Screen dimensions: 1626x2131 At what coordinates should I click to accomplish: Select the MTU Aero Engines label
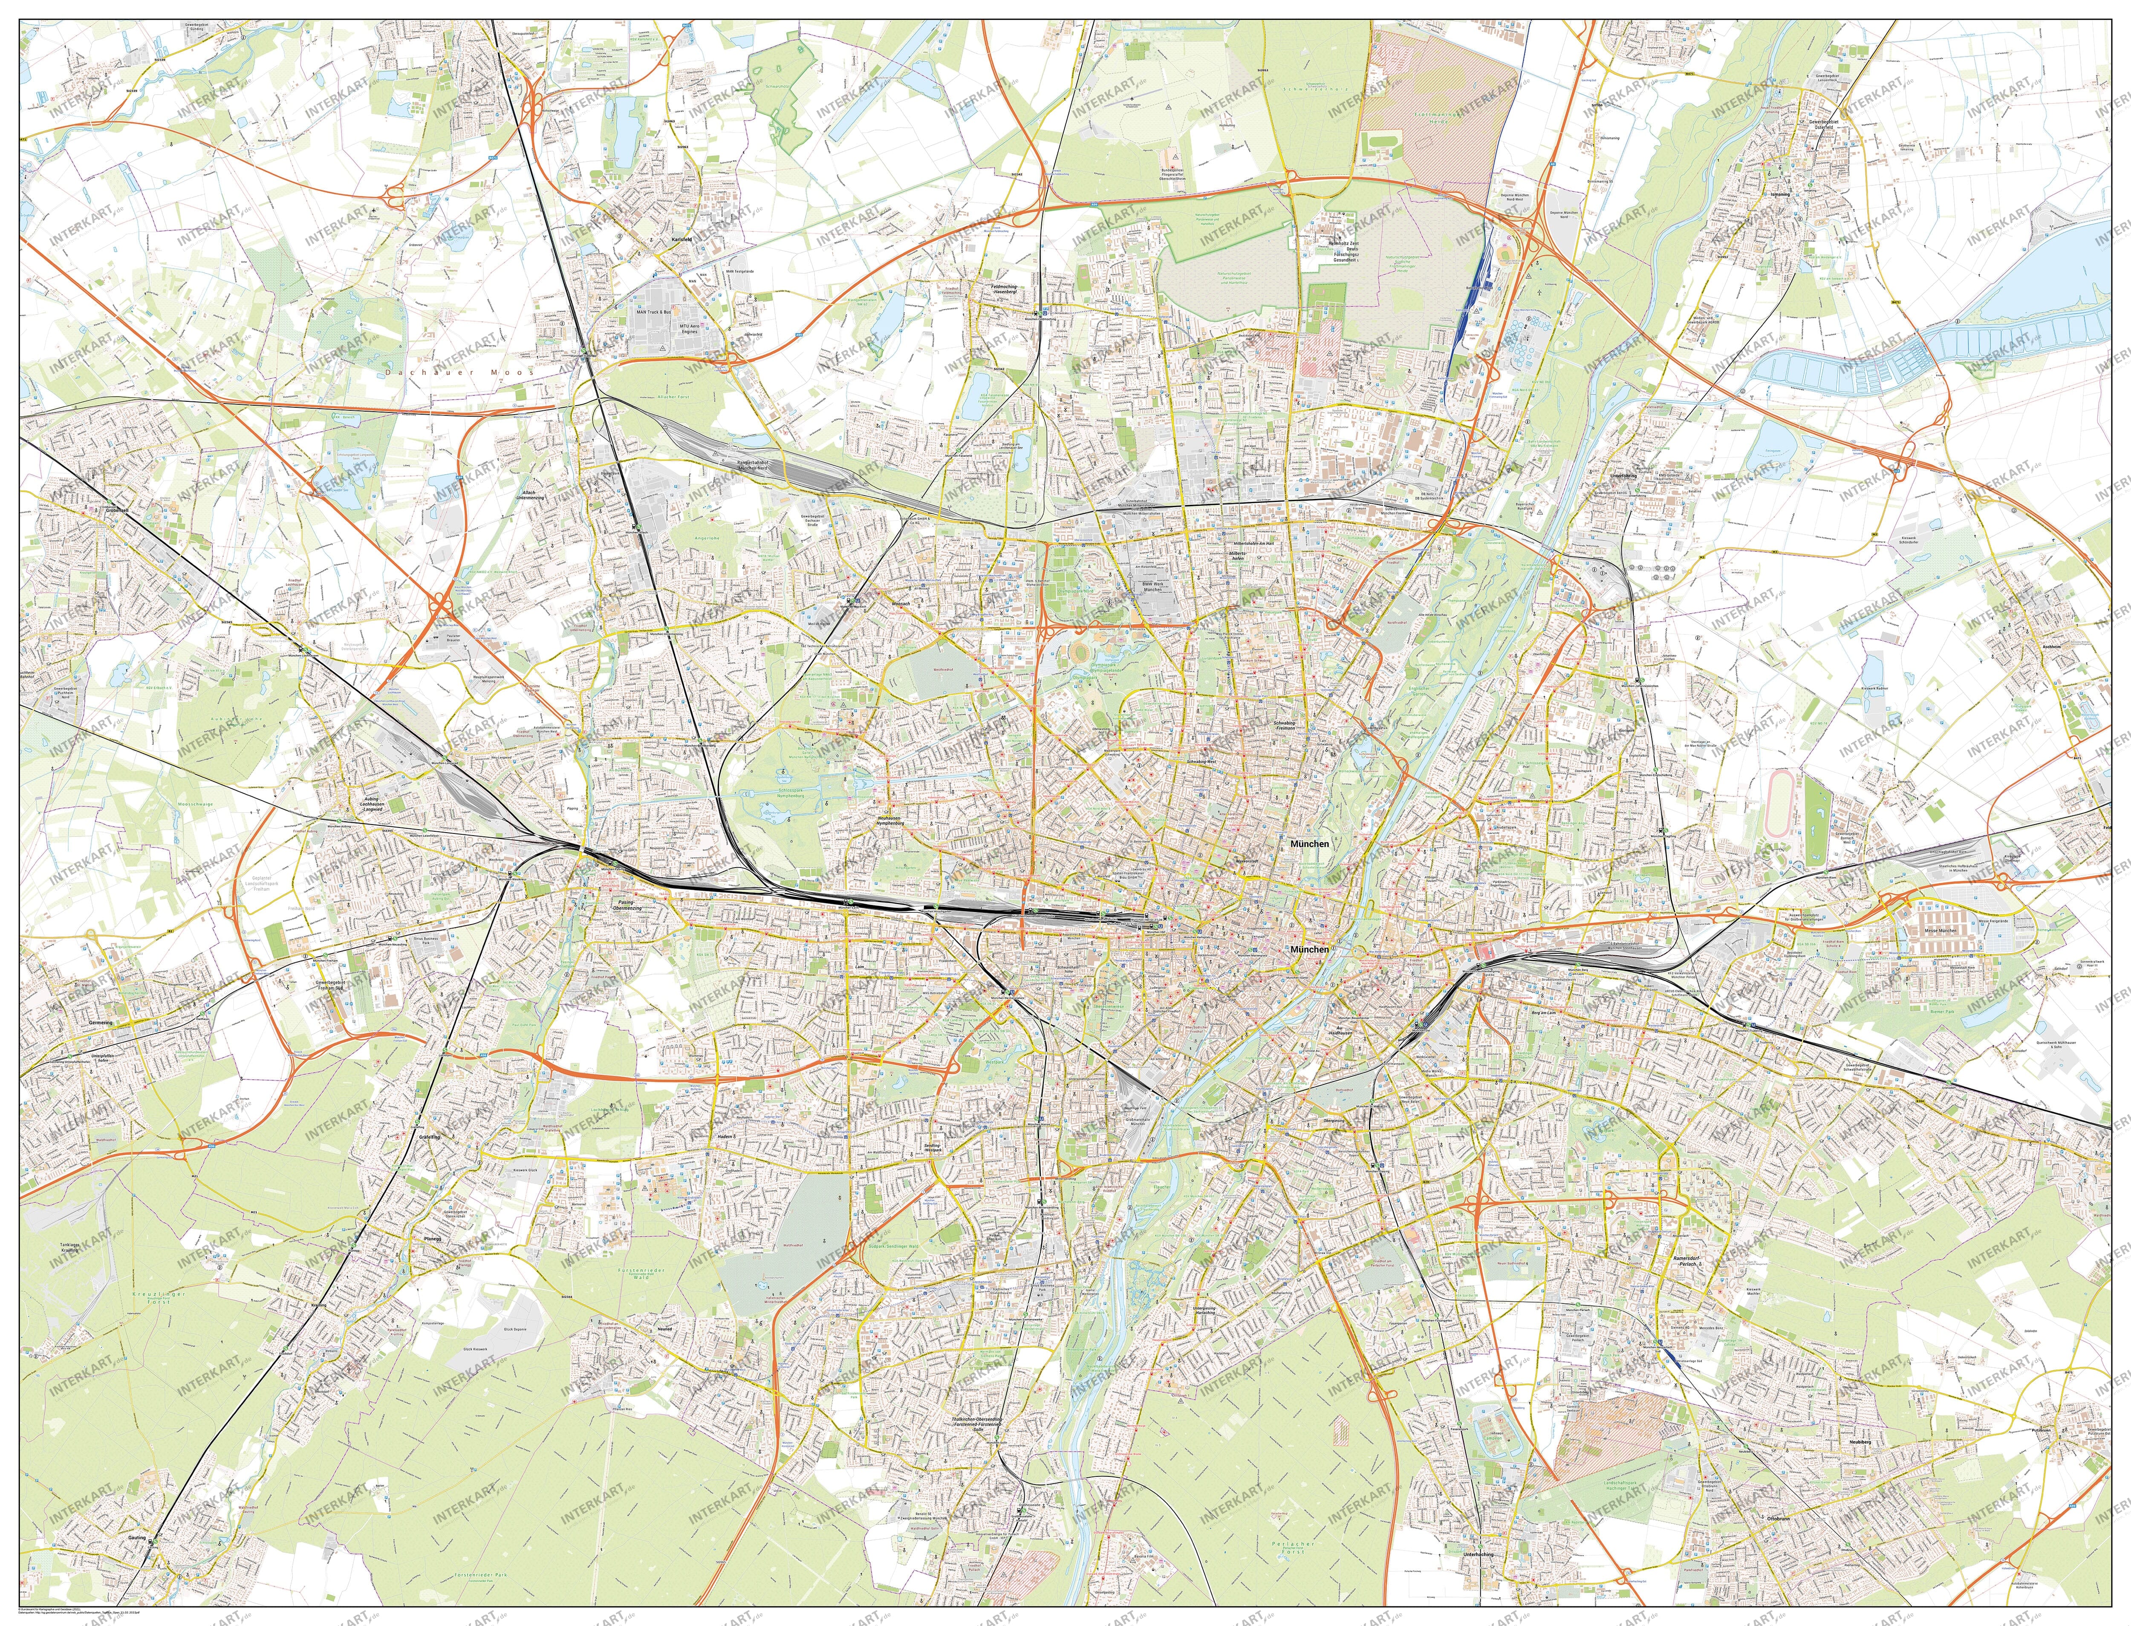point(689,328)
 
